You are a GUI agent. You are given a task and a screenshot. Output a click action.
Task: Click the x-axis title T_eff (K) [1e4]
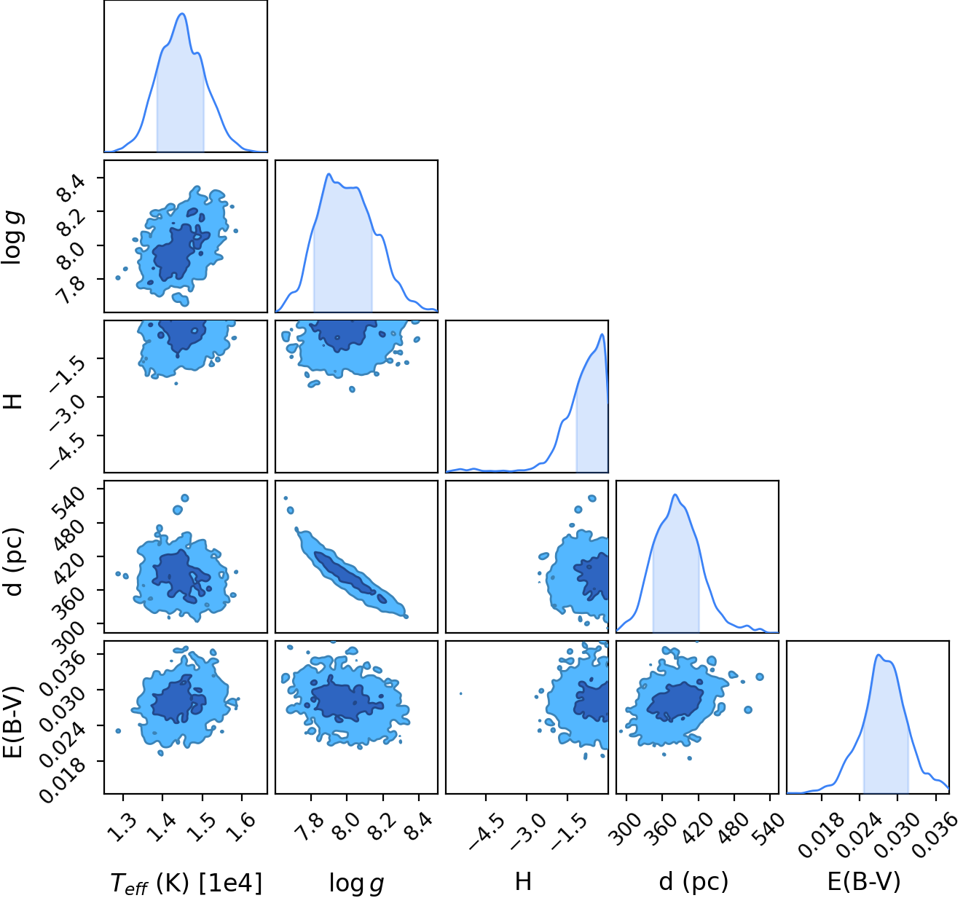tap(186, 882)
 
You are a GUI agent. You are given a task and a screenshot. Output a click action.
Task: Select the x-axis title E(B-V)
tap(864, 881)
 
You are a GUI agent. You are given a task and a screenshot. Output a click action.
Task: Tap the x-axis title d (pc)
tap(693, 881)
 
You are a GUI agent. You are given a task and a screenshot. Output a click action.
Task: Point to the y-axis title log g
tap(14, 237)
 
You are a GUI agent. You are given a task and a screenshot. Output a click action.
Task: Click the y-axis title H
tap(13, 401)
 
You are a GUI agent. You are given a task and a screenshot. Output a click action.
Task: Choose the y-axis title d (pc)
tap(14, 562)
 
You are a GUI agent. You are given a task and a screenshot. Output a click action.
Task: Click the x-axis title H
tap(523, 881)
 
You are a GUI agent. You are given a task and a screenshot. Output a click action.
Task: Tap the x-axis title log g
tap(356, 883)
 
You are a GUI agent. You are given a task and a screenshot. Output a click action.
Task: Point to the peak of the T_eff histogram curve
tap(183, 14)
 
